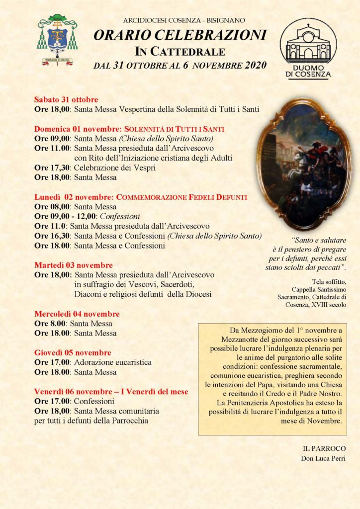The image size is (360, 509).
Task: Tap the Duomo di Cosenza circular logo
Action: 308,48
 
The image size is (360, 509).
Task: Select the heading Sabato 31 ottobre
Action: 66,99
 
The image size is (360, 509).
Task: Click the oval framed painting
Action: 303,164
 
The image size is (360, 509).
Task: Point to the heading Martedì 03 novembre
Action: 73,265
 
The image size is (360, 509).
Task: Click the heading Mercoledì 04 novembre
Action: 77,314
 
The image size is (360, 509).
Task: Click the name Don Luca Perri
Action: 323,458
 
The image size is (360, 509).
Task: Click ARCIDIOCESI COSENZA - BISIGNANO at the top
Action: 183,20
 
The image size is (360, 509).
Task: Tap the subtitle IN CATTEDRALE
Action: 180,51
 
